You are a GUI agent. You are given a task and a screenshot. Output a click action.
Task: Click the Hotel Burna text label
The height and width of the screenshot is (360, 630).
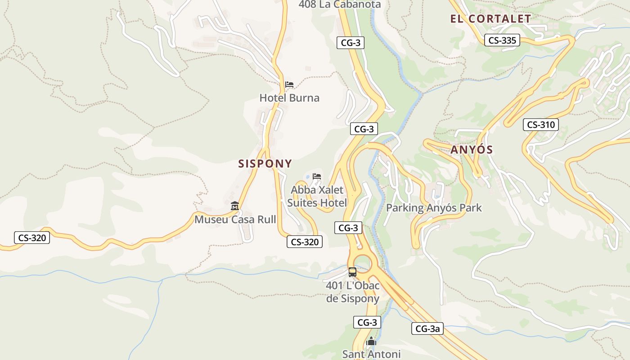point(289,98)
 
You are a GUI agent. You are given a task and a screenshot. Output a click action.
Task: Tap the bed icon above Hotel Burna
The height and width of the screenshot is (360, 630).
point(289,85)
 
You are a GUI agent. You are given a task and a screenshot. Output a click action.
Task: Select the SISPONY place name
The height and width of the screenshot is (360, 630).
point(265,163)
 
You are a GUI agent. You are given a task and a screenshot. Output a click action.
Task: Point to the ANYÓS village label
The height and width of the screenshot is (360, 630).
point(472,150)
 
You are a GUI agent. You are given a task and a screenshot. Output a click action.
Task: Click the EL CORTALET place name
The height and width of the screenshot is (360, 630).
point(490,19)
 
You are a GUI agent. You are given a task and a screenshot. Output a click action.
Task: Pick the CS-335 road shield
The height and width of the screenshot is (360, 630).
point(502,40)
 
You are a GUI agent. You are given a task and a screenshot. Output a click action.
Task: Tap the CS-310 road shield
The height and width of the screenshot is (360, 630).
point(540,125)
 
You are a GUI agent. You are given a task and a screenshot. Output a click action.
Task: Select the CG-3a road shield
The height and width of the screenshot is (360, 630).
point(427,328)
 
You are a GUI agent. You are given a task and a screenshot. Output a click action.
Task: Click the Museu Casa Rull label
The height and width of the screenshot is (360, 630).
point(235,220)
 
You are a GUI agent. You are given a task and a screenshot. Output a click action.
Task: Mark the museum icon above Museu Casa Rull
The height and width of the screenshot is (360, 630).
point(234,206)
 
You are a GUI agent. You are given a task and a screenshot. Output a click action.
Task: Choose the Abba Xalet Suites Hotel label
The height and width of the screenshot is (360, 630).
point(317,196)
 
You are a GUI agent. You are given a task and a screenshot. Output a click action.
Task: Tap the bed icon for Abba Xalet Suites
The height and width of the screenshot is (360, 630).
point(317,176)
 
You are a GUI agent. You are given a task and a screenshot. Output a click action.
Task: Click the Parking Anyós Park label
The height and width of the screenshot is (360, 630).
point(434,208)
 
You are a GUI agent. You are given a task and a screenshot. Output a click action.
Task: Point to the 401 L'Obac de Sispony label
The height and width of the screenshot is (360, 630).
point(353,292)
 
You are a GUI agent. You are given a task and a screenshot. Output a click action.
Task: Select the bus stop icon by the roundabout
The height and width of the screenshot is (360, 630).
point(352,272)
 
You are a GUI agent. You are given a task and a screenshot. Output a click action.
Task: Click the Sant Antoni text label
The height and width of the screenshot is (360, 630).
point(371,354)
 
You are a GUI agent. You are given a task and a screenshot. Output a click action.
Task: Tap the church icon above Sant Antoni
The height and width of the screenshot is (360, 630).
point(371,342)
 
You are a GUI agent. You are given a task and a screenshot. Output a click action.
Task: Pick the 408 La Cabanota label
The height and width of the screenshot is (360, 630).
point(340,4)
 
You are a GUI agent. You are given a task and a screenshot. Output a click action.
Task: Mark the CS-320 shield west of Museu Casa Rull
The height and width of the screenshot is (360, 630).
point(32,238)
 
